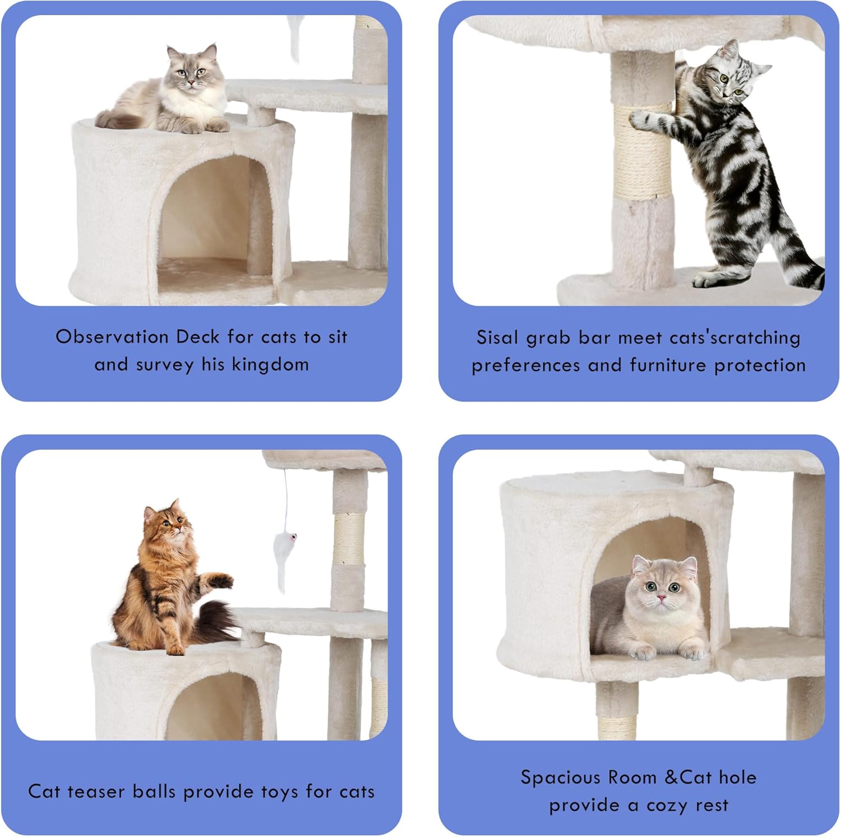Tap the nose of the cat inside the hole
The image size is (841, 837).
(x=662, y=598)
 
